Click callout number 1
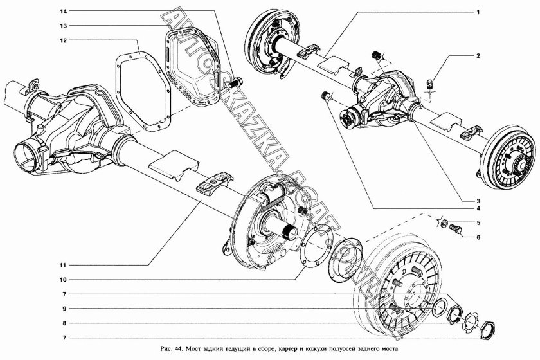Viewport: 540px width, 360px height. point(478,12)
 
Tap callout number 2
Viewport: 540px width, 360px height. point(478,57)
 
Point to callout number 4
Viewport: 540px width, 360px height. point(478,208)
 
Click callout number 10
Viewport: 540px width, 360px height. point(64,280)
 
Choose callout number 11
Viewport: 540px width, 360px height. point(64,264)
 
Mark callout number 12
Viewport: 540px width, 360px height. point(64,40)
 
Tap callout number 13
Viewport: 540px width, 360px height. point(64,26)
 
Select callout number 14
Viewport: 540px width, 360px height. point(64,12)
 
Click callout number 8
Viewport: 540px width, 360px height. point(64,323)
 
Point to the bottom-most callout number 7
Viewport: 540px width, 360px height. point(64,337)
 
